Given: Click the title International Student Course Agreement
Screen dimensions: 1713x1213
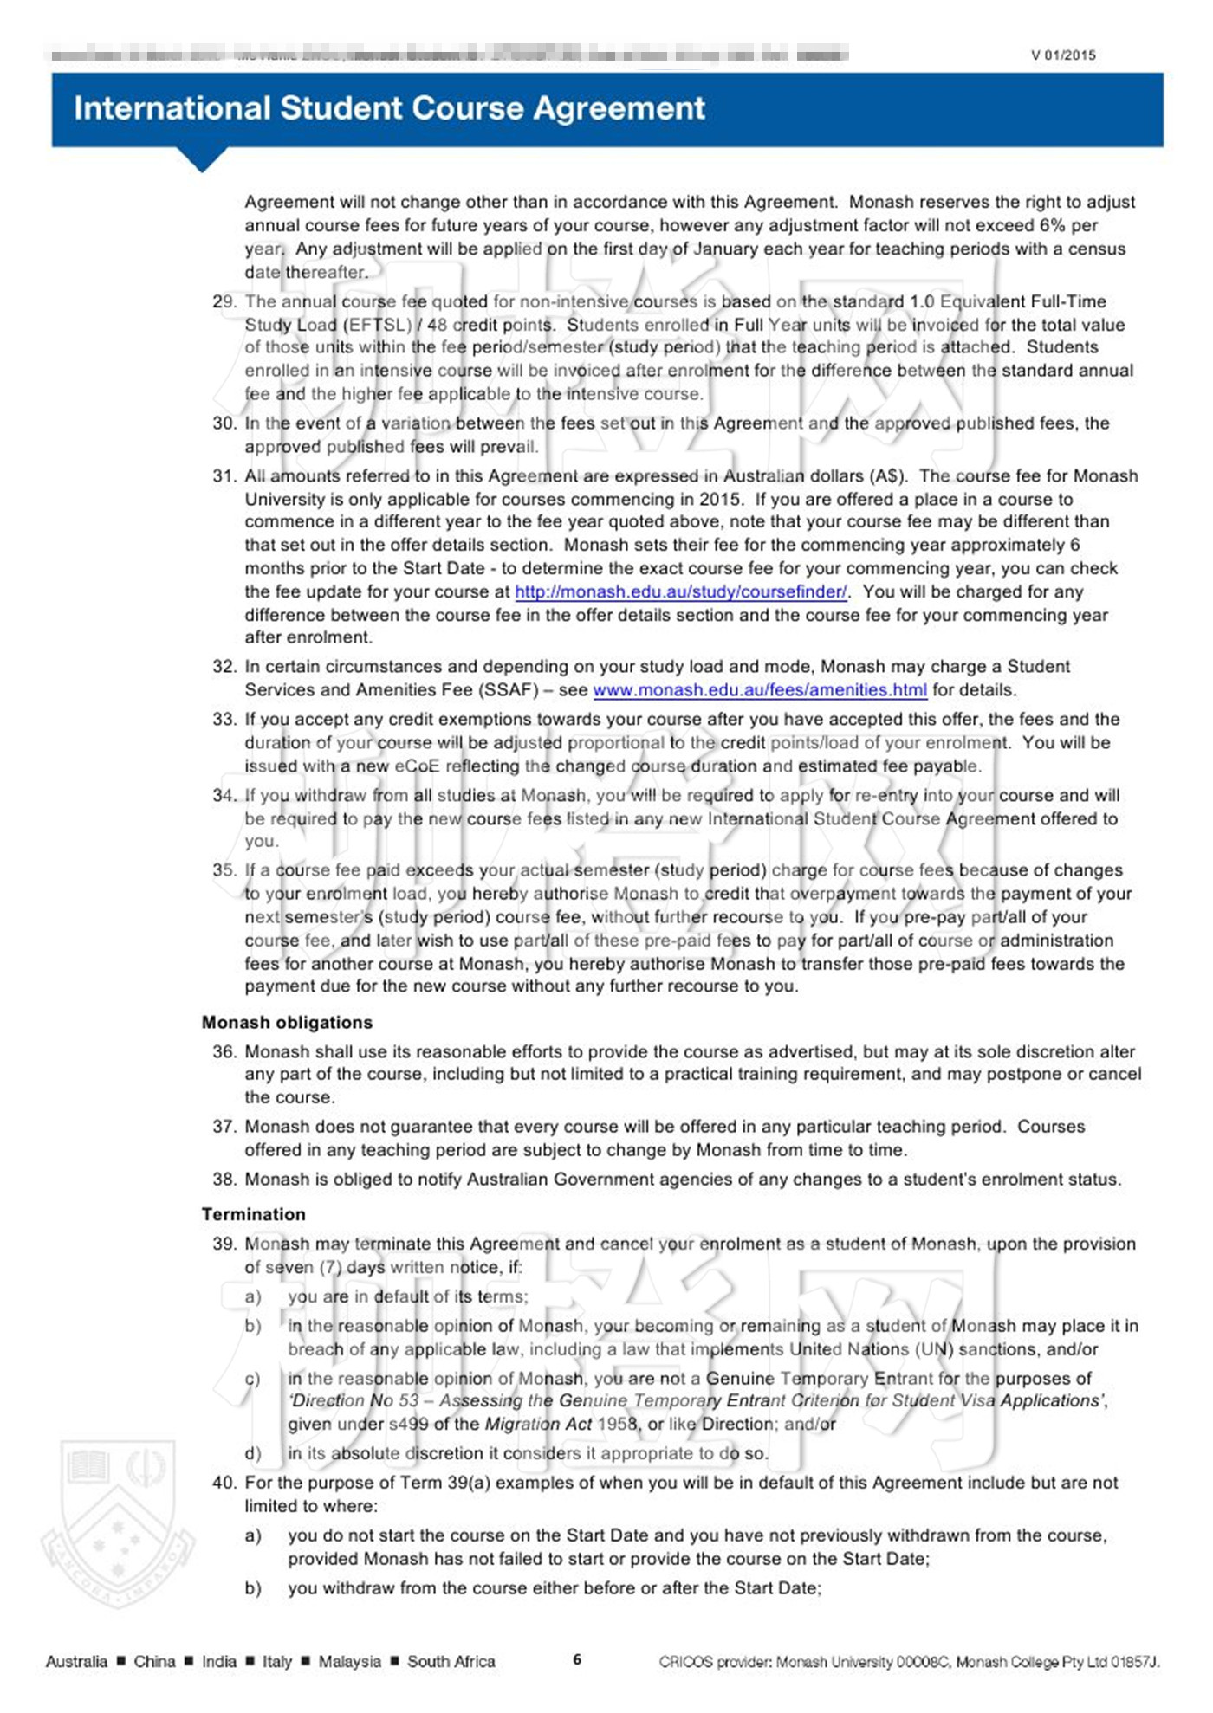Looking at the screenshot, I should [389, 108].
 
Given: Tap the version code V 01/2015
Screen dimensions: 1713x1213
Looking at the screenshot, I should [1063, 55].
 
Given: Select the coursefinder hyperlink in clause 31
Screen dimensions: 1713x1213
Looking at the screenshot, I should [680, 591].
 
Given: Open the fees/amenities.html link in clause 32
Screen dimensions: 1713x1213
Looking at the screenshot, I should [759, 690].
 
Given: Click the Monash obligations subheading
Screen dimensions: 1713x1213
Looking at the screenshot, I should [287, 1022].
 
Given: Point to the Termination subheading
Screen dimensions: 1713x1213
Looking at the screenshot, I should [253, 1214].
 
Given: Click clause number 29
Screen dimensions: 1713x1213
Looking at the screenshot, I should [224, 301].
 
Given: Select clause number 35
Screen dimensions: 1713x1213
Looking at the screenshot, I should [224, 870].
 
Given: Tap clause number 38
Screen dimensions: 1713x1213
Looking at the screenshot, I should [224, 1180].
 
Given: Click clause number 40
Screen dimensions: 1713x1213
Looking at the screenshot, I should [224, 1483].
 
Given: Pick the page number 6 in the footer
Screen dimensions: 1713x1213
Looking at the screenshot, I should [577, 1660].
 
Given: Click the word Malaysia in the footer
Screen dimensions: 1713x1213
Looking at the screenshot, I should [349, 1661].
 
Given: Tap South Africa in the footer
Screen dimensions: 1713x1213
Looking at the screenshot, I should [451, 1661].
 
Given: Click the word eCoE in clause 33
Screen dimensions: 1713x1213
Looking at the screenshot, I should [417, 766].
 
